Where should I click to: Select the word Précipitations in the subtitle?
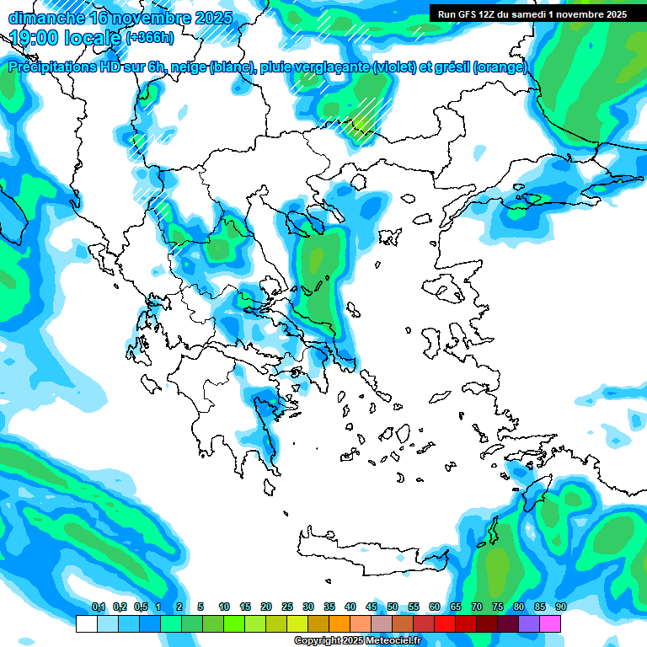tap(52, 67)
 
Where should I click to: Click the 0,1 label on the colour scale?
tap(99, 607)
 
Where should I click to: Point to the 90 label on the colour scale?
tap(560, 607)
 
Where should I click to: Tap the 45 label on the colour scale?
tap(372, 607)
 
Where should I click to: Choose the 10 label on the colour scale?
tap(224, 607)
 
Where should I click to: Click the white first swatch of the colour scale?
tap(86, 623)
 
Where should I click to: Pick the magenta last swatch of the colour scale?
tap(550, 623)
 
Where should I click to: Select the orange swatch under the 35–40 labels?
tap(340, 623)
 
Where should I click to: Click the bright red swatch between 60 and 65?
tap(445, 623)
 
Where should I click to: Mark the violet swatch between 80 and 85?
tap(529, 623)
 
